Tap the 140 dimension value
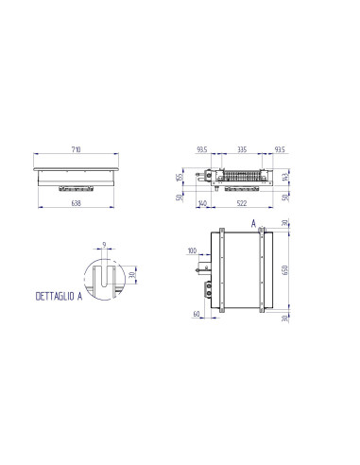coord(202,203)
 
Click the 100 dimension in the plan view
coord(193,251)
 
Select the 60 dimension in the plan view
coord(197,313)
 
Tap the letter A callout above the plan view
coord(252,223)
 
